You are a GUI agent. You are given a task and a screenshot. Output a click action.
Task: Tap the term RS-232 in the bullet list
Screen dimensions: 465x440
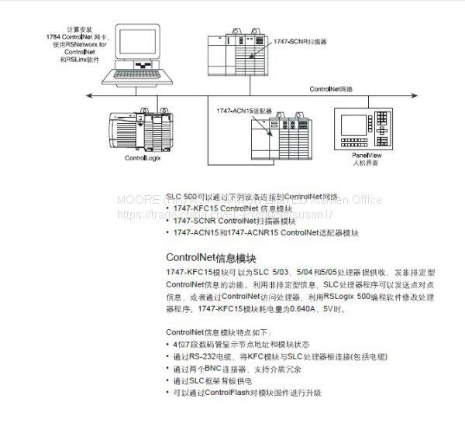point(203,356)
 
